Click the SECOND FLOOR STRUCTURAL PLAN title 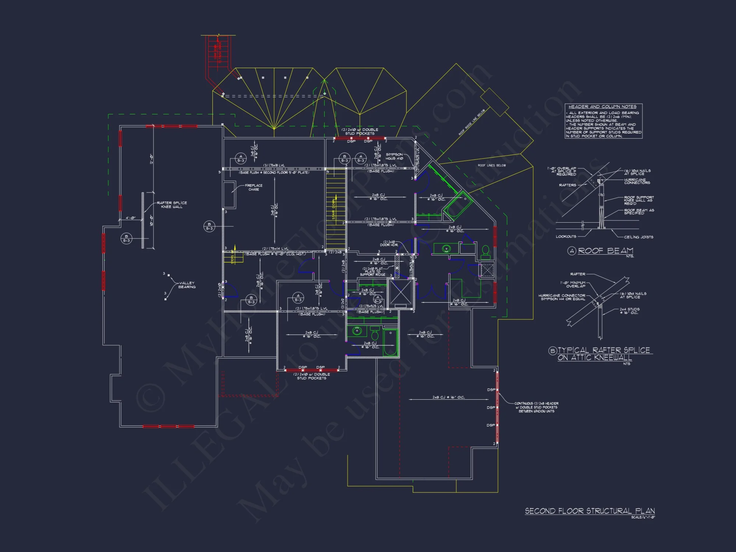[590, 511]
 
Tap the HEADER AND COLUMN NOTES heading [602, 107]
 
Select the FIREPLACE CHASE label [254, 187]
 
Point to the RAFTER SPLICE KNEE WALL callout [172, 205]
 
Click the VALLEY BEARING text [187, 285]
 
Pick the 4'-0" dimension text [131, 218]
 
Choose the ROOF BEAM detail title [605, 251]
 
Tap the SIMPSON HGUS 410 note [394, 156]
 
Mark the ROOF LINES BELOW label [492, 166]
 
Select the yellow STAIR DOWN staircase [336, 209]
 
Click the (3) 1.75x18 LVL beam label [274, 166]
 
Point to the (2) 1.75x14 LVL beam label [275, 249]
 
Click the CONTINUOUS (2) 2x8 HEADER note [537, 407]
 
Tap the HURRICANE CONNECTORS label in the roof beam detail [637, 181]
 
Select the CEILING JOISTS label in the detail [638, 237]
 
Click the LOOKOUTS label [566, 237]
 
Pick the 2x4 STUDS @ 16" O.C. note [629, 311]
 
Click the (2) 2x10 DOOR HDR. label [389, 243]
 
